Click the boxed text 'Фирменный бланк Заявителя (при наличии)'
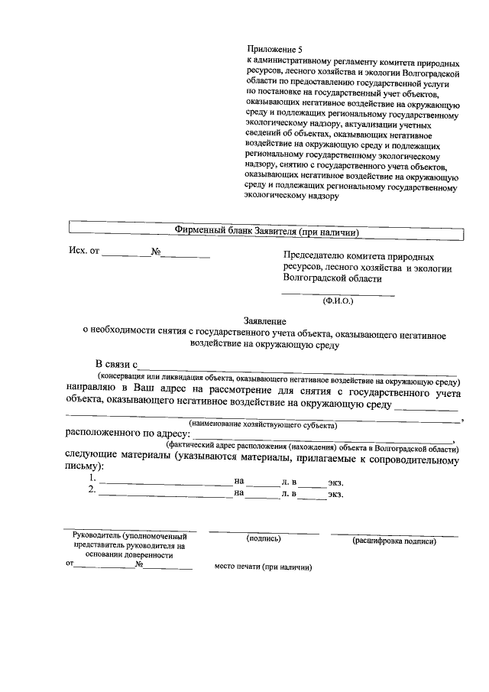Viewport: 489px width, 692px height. pos(267,232)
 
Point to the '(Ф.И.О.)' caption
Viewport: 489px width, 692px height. pos(338,301)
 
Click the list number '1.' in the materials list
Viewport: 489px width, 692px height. pos(92,479)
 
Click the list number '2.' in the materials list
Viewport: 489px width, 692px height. pos(92,491)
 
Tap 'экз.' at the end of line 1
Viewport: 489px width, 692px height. pos(335,482)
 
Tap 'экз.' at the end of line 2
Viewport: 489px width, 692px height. pos(335,494)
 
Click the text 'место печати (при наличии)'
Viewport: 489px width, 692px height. pos(264,568)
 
